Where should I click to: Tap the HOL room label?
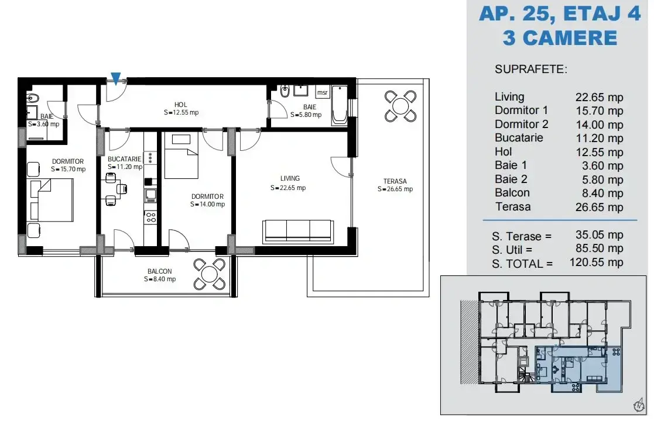(180, 105)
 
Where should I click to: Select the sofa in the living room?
(298, 232)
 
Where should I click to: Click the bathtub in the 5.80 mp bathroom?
(339, 106)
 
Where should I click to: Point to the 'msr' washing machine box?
(323, 92)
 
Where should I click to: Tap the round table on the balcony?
(210, 274)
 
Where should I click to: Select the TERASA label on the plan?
(395, 181)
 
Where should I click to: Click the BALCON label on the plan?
(159, 271)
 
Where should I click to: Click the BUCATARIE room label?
(124, 159)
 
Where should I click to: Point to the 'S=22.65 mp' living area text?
(288, 188)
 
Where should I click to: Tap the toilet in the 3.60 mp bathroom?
(32, 98)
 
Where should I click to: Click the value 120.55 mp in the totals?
(597, 263)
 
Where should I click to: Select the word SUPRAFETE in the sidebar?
(531, 69)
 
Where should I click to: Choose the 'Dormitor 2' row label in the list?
(521, 124)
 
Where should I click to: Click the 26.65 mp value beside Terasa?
(600, 207)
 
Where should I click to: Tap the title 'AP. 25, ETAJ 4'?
(560, 13)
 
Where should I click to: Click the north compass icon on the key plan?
(639, 405)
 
